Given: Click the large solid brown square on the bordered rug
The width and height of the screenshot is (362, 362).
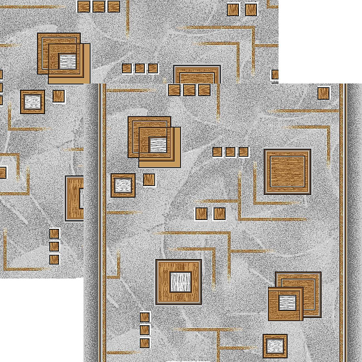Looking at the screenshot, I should point(287,172).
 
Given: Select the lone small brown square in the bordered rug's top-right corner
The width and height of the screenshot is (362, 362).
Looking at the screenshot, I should point(324,93).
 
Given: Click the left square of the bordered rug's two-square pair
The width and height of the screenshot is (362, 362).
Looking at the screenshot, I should point(202,213).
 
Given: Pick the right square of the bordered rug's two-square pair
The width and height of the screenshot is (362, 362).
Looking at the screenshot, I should point(219,213).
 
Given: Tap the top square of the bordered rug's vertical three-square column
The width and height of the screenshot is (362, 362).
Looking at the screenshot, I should point(145,317).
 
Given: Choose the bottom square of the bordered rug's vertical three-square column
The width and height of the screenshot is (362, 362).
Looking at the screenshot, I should point(145,343).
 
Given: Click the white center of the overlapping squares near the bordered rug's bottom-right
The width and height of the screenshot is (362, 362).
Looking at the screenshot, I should point(287,304).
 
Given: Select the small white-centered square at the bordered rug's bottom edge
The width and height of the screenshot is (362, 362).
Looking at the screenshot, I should point(275,346).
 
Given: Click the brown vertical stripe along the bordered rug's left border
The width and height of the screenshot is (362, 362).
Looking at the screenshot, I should point(102,223).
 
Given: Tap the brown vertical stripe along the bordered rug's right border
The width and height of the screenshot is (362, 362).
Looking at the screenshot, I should point(343,223).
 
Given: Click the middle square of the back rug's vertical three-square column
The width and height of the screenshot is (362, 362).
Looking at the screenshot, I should point(54,246).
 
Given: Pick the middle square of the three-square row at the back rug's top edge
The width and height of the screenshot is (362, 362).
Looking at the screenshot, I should point(99,6).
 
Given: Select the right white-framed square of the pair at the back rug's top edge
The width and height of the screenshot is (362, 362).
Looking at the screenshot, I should point(251,9).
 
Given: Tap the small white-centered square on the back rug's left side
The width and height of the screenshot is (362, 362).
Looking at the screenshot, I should point(33,102).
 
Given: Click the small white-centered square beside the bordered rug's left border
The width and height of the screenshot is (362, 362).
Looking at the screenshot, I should point(123,185).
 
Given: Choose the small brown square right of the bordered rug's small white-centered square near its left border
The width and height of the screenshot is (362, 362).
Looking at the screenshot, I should point(149,179).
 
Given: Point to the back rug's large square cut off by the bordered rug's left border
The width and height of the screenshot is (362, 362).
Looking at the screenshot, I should point(74,198).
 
